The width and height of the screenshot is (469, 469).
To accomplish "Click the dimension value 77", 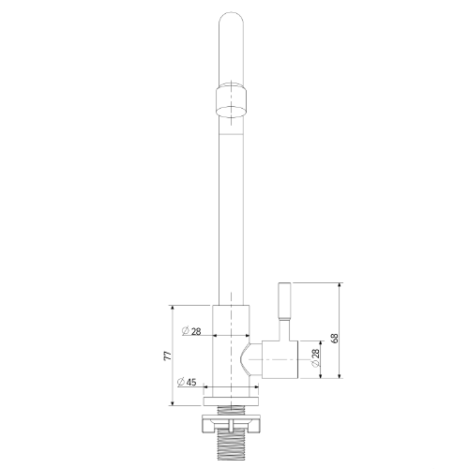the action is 168,356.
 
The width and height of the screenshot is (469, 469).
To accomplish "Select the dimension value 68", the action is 334,338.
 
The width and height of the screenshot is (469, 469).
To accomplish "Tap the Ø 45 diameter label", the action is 187,382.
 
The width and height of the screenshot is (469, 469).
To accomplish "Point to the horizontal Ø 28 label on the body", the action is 191,331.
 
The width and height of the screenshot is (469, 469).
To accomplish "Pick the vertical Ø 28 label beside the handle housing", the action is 315,357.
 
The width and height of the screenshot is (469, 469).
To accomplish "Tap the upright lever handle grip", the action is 284,300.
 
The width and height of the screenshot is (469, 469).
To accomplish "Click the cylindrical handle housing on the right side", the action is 280,359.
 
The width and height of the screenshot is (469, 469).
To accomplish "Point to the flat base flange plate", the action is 231,401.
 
